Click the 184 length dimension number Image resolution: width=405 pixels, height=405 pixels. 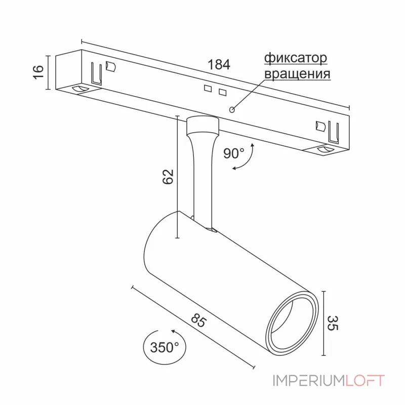click(219, 65)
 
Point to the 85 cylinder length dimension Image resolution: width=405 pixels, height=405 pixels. click(199, 321)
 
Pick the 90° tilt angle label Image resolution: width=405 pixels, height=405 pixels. click(234, 152)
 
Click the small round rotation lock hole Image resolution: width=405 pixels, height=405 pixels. click(232, 109)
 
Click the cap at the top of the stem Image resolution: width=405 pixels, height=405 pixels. click(202, 124)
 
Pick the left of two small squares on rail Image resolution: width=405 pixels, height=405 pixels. click(207, 89)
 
